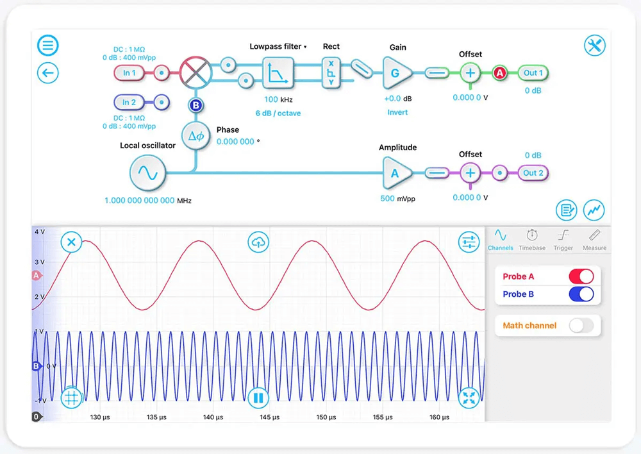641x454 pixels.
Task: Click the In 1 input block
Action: [129, 72]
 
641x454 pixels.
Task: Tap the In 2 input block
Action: [129, 102]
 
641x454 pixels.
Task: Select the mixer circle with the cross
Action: [196, 72]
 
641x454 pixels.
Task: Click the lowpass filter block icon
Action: [278, 74]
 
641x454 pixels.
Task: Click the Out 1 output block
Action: [533, 73]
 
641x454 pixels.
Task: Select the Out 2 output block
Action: [533, 173]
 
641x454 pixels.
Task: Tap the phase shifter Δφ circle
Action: [196, 136]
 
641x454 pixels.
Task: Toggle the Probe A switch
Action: [581, 276]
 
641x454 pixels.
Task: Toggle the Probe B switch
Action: [581, 294]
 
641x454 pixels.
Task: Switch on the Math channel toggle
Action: [581, 326]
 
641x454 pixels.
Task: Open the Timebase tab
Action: [532, 240]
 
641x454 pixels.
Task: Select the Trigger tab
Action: [563, 240]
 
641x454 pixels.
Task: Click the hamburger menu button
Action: [48, 46]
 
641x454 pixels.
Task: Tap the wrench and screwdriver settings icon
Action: [595, 46]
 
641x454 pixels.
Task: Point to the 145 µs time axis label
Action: [269, 417]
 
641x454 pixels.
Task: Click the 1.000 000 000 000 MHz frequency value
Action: [139, 201]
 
